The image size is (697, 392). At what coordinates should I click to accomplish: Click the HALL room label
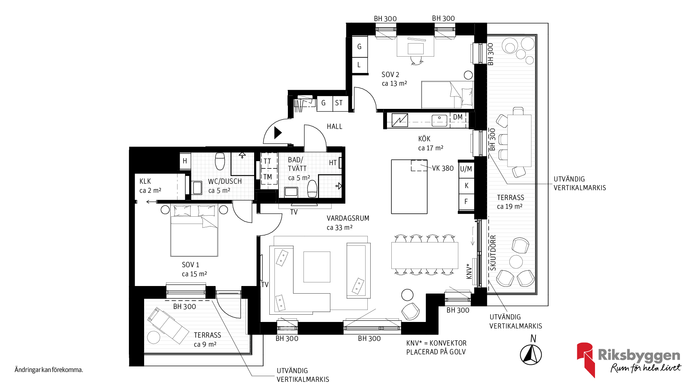[334, 127]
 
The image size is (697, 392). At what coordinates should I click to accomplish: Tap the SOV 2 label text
[390, 75]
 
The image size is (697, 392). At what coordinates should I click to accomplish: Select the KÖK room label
[424, 139]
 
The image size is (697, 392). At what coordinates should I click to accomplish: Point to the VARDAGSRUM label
[348, 218]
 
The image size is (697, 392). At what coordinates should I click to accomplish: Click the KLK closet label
[145, 181]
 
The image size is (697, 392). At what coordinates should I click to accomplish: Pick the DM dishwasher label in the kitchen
[458, 117]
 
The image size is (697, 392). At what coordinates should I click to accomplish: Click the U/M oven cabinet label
[466, 169]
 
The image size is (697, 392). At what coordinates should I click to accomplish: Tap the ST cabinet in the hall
[339, 103]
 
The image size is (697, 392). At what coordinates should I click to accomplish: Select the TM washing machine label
[268, 177]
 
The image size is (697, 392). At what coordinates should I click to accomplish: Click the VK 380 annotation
[443, 168]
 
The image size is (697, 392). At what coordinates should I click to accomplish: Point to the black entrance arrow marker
[278, 133]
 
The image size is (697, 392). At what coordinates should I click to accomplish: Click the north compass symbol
[531, 354]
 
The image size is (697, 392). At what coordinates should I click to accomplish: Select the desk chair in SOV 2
[416, 61]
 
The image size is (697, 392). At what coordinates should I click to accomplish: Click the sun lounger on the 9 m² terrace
[168, 326]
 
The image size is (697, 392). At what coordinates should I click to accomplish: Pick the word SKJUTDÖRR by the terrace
[493, 253]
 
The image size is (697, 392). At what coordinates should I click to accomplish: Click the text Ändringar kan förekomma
[49, 370]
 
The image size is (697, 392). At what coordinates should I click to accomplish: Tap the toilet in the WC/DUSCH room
[220, 161]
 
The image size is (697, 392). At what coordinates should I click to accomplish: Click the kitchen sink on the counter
[439, 121]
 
